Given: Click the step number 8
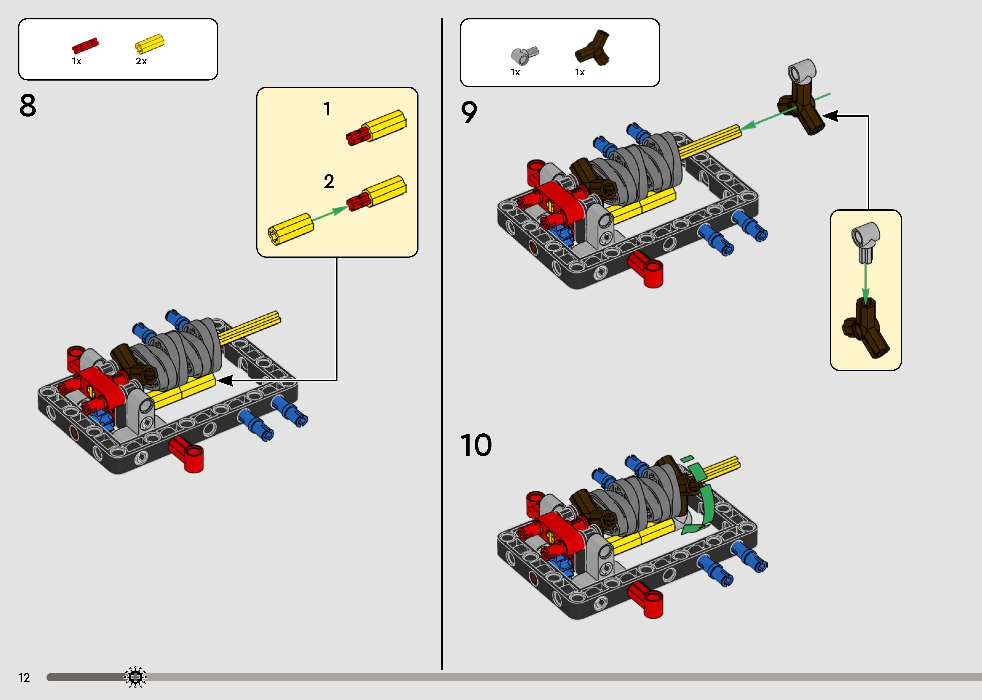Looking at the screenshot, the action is [x=28, y=105].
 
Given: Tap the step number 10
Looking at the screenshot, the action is [x=476, y=445].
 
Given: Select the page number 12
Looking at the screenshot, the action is [x=24, y=678].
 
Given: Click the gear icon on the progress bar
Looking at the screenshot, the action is [x=135, y=677].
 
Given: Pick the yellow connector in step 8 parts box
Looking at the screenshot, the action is [x=150, y=44].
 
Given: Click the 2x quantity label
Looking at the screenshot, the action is [x=141, y=62].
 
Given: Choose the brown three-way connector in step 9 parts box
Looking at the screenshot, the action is [x=592, y=48].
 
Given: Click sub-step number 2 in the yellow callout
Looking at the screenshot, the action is [x=329, y=181].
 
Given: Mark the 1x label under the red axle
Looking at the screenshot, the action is [x=77, y=62].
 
